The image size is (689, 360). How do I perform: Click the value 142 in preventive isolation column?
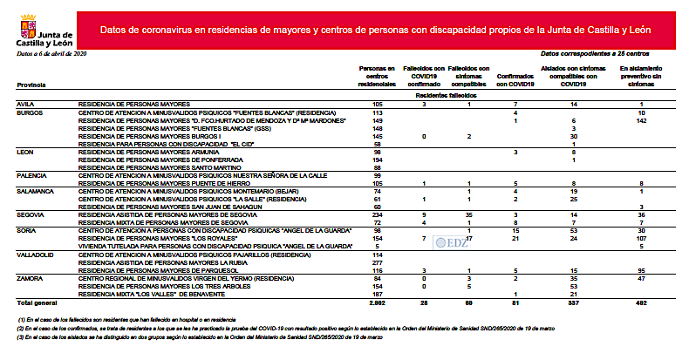tap(641, 121)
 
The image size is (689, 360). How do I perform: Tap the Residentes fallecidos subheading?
tap(441, 93)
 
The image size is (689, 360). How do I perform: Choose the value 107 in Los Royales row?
tap(641, 237)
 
